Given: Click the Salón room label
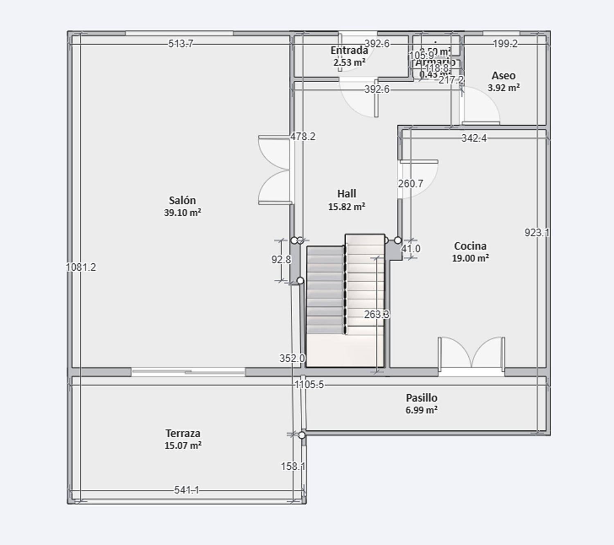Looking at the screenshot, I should pos(182,200).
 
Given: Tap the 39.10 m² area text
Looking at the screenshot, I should pos(182,213).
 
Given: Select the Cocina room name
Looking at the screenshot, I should pos(470,246).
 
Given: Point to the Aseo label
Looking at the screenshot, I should pos(503,76).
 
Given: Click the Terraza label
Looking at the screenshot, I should pos(183,433).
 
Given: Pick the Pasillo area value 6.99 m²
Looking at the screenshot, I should pos(422,410).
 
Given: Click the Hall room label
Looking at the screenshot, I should pos(346,194).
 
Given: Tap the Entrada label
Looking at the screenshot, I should pos(349,50).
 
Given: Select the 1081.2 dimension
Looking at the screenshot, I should pos(81,267).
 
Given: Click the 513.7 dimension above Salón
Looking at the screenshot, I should pos(181,43).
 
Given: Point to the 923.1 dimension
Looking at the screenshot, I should pos(537,233).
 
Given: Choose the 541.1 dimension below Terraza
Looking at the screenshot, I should pos(187,490).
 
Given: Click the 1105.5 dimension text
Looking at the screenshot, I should pos(309,384).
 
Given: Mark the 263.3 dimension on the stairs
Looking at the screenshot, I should pos(377,314).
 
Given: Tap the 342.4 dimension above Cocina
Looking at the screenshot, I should pos(474,138).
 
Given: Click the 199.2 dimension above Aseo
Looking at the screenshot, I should pos(505,44).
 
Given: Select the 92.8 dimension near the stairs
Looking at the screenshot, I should pos(281,260).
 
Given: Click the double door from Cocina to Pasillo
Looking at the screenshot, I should pos(471,354).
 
